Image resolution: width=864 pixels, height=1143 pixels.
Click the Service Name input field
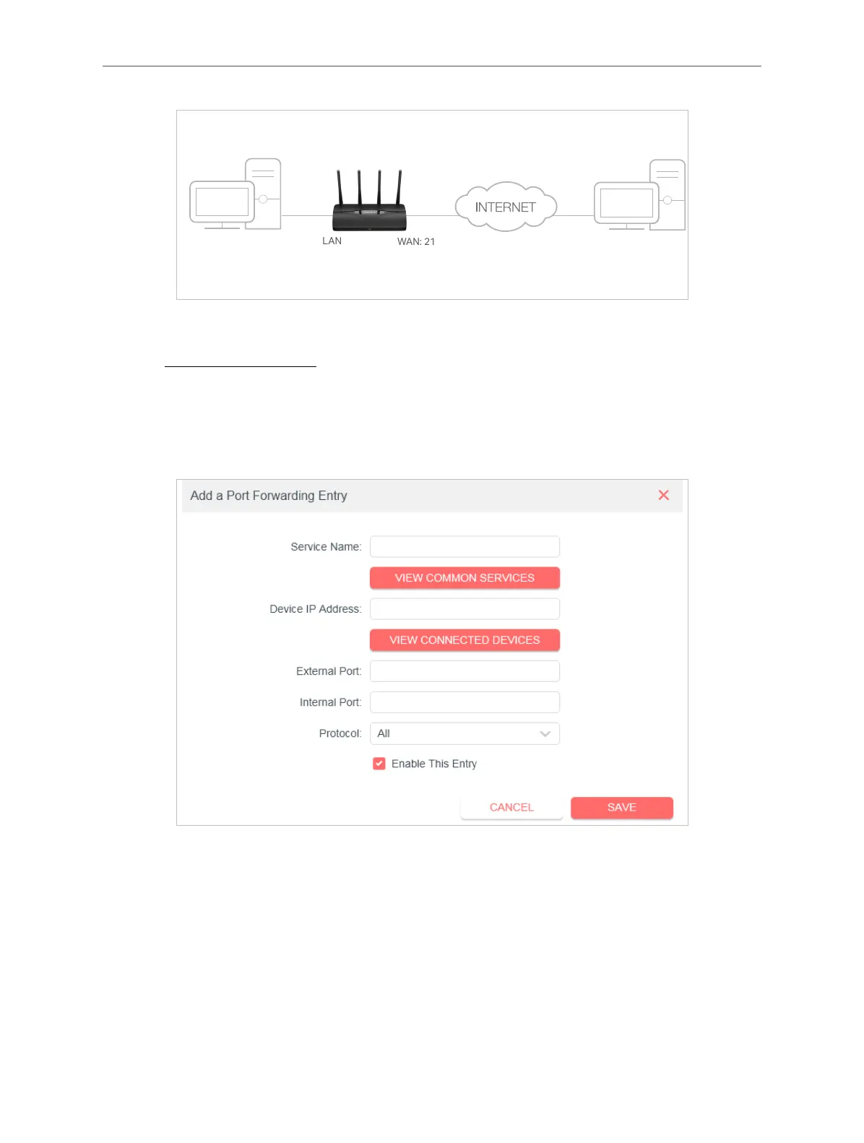tap(465, 547)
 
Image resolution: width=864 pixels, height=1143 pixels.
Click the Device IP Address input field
tap(465, 609)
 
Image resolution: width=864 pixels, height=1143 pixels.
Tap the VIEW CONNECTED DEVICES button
tap(465, 640)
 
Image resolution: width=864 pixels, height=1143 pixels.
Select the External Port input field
tap(465, 671)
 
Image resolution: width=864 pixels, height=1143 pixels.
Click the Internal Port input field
tap(465, 702)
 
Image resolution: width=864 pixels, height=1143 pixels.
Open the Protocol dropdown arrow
tap(545, 734)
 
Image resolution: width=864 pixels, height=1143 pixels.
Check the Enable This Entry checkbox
tap(379, 764)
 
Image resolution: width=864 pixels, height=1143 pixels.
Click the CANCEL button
tap(511, 808)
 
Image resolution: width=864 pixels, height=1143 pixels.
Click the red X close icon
tap(664, 495)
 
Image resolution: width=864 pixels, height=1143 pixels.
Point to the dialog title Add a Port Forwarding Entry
tap(269, 496)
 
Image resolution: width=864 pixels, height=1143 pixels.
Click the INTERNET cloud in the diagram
tap(506, 207)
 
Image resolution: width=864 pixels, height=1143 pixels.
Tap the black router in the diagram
tap(369, 210)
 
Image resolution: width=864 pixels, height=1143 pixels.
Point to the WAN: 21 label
tap(416, 242)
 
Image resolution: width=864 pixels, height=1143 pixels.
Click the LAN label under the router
tap(332, 241)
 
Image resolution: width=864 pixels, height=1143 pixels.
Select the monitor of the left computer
tap(222, 203)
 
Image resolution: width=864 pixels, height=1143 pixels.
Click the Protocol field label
tap(340, 733)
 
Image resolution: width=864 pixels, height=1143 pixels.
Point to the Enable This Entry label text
tap(434, 764)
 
